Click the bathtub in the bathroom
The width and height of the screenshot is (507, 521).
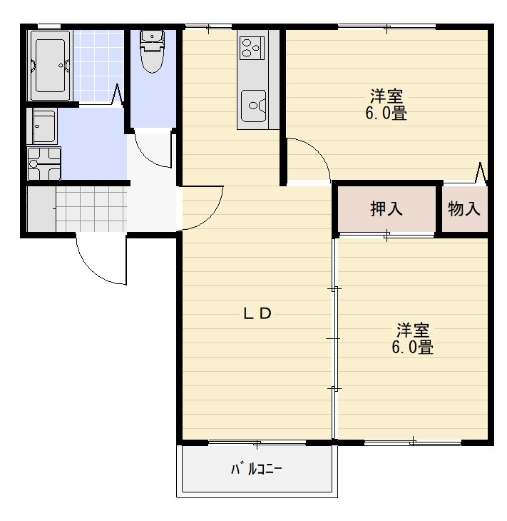tap(49, 65)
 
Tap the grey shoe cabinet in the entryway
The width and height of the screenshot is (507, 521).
tap(41, 208)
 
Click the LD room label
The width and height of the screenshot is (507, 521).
tap(257, 314)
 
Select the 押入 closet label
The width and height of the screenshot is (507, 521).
tap(386, 209)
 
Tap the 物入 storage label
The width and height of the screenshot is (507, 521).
tap(464, 209)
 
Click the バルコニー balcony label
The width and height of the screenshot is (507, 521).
tap(256, 470)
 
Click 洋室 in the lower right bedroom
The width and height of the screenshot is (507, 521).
tap(413, 330)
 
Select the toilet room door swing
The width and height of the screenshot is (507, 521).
tap(153, 151)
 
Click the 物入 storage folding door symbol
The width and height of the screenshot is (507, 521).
tap(480, 173)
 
